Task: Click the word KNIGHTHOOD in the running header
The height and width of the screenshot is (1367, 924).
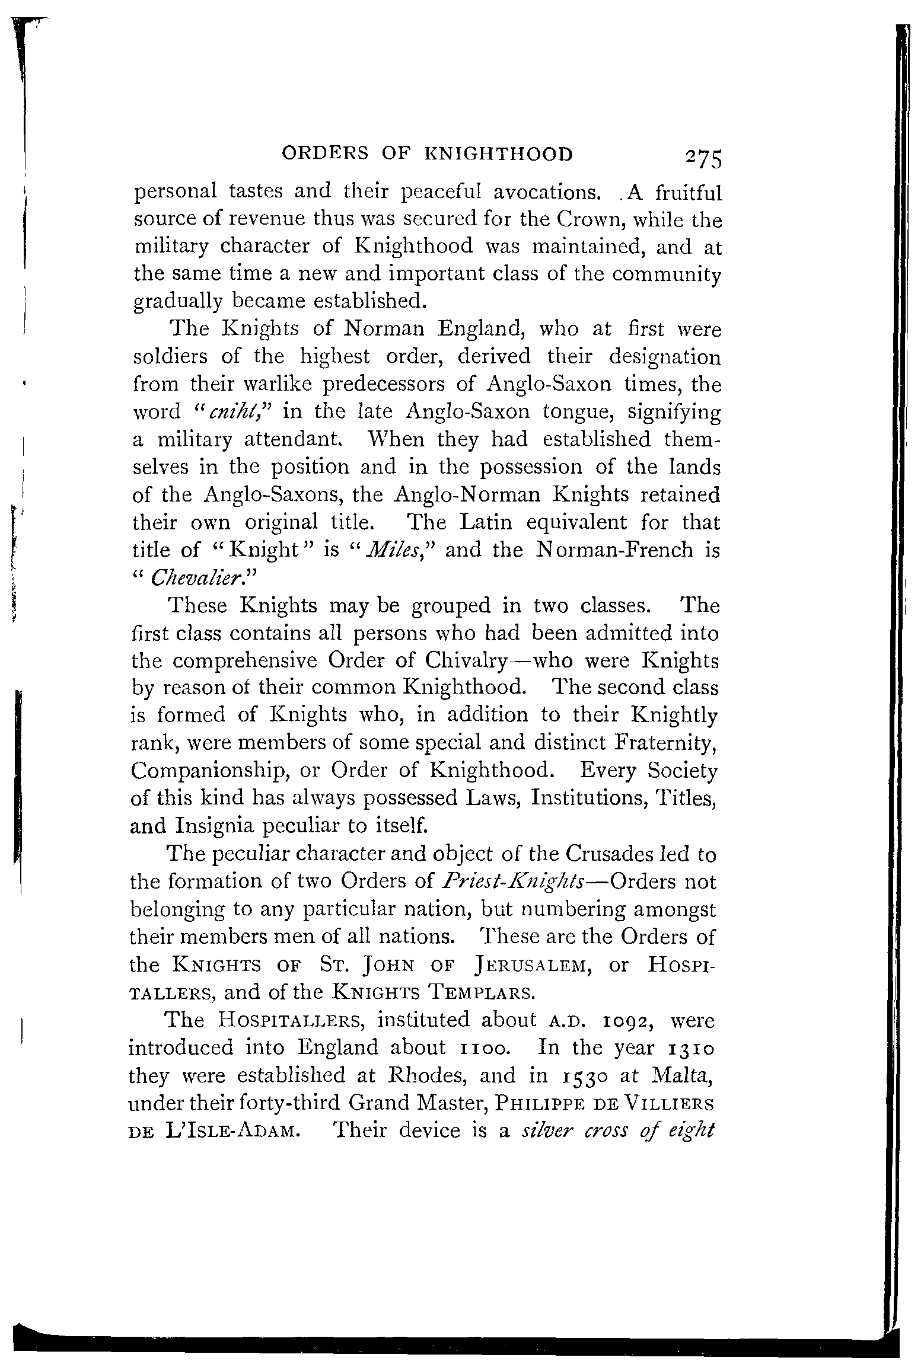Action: tap(499, 155)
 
